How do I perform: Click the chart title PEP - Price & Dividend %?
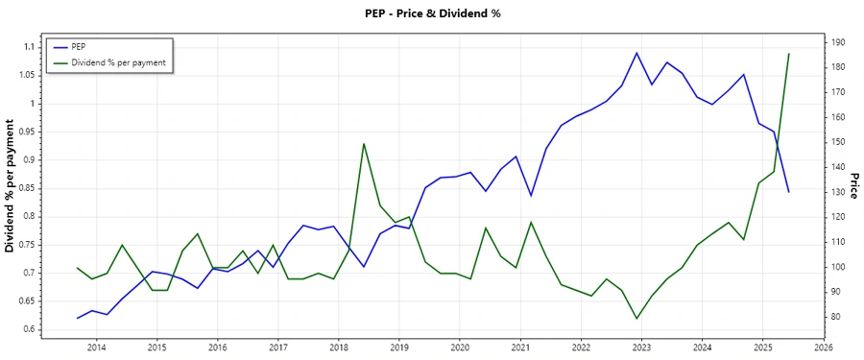[x=433, y=13]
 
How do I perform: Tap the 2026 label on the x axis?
[x=823, y=348]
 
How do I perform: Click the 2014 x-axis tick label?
[x=96, y=348]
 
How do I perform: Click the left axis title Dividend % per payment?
[x=10, y=187]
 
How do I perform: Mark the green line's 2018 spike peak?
[x=364, y=144]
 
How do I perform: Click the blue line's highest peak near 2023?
[x=636, y=53]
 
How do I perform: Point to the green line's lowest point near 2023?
[x=636, y=319]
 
